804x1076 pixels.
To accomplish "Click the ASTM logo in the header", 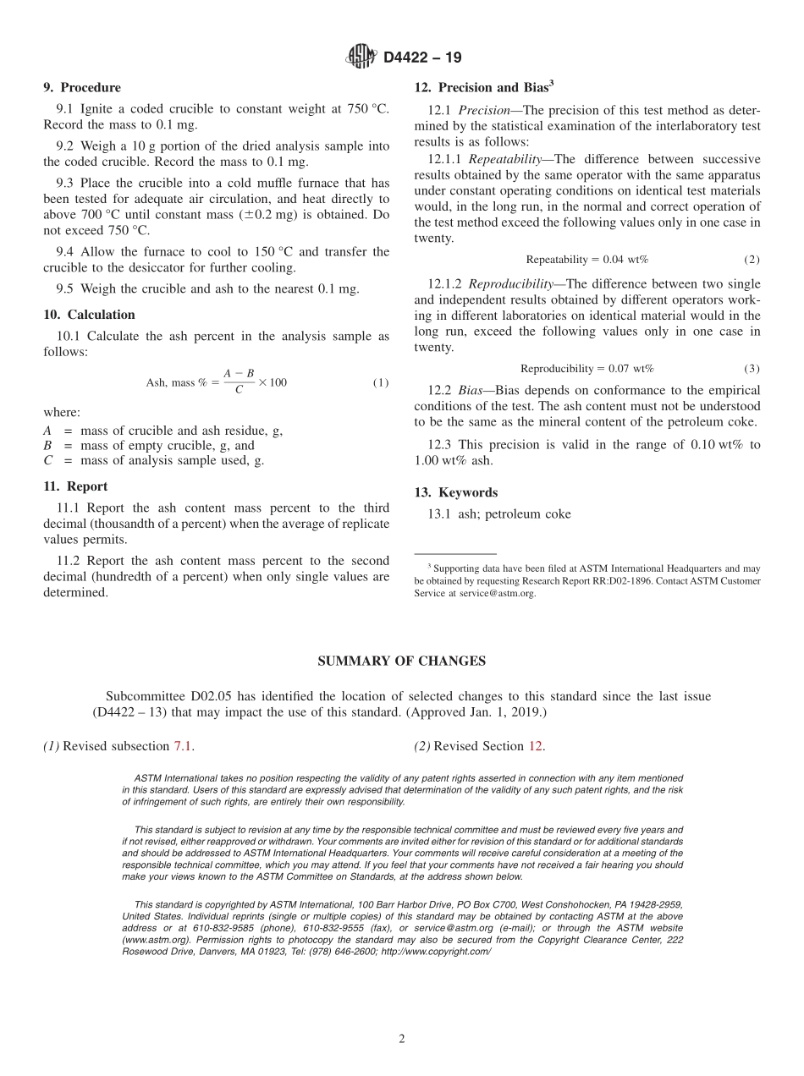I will click(361, 57).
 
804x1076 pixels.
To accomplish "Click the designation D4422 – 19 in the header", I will click(422, 58).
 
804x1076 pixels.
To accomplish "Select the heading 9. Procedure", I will click(82, 87).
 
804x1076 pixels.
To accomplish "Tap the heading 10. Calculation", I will click(89, 315).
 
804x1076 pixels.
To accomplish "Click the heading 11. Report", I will click(75, 486).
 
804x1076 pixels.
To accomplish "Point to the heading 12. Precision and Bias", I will click(484, 86).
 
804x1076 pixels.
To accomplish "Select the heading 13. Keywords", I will click(455, 492).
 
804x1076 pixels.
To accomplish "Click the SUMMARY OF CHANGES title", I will click(401, 662).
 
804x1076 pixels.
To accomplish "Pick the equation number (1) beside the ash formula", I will click(381, 382).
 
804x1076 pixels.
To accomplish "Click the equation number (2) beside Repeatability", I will click(752, 260).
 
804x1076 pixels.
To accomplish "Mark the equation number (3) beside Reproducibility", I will click(752, 369).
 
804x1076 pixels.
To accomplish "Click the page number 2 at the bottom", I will click(402, 1039).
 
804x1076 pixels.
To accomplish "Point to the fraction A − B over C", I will click(239, 382).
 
